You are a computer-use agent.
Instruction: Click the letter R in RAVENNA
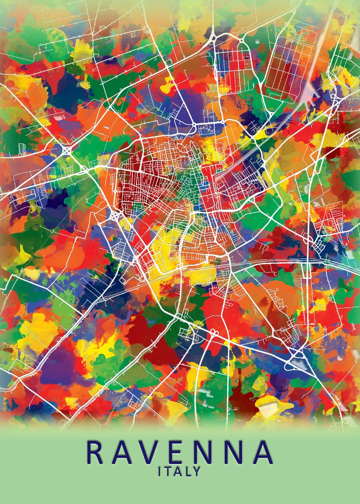click(x=95, y=452)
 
